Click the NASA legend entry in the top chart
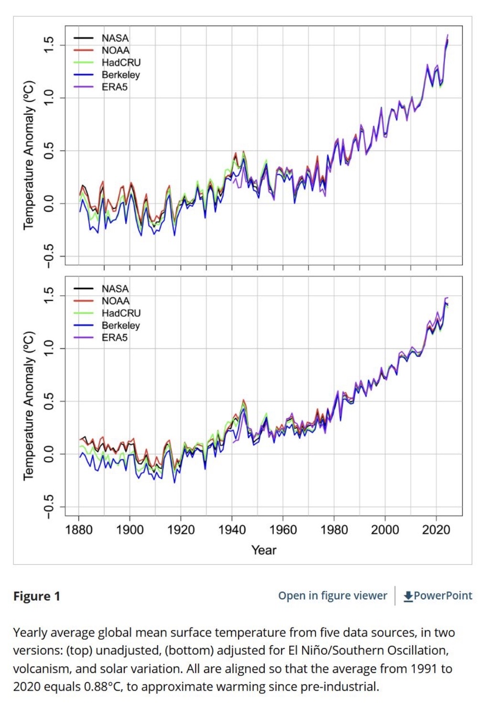pos(115,38)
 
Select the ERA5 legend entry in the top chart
pos(114,87)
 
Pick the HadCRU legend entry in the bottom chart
pos(121,313)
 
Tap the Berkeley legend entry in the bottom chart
pos(120,325)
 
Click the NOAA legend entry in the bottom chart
pos(115,301)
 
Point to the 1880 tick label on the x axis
pos(79,530)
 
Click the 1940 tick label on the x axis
pos(232,530)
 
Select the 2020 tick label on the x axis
pos(436,530)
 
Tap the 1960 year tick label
pos(283,530)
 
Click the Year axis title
pos(264,550)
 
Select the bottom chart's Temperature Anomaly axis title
pos(29,405)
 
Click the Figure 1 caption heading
pos(37,596)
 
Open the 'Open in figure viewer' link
pos(333,595)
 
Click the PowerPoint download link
pos(443,595)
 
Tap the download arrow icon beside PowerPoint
pos(408,596)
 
